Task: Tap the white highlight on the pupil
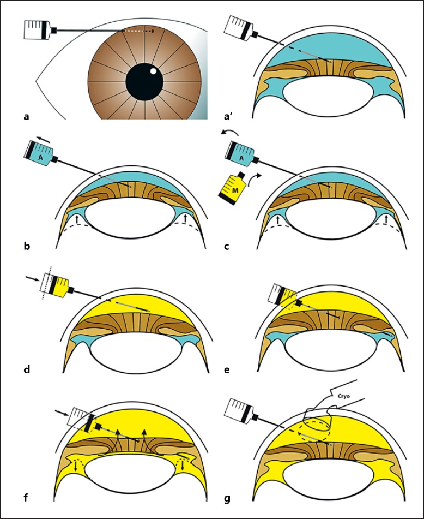[154, 71]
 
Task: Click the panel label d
[27, 371]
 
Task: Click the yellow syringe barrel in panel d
[58, 285]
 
